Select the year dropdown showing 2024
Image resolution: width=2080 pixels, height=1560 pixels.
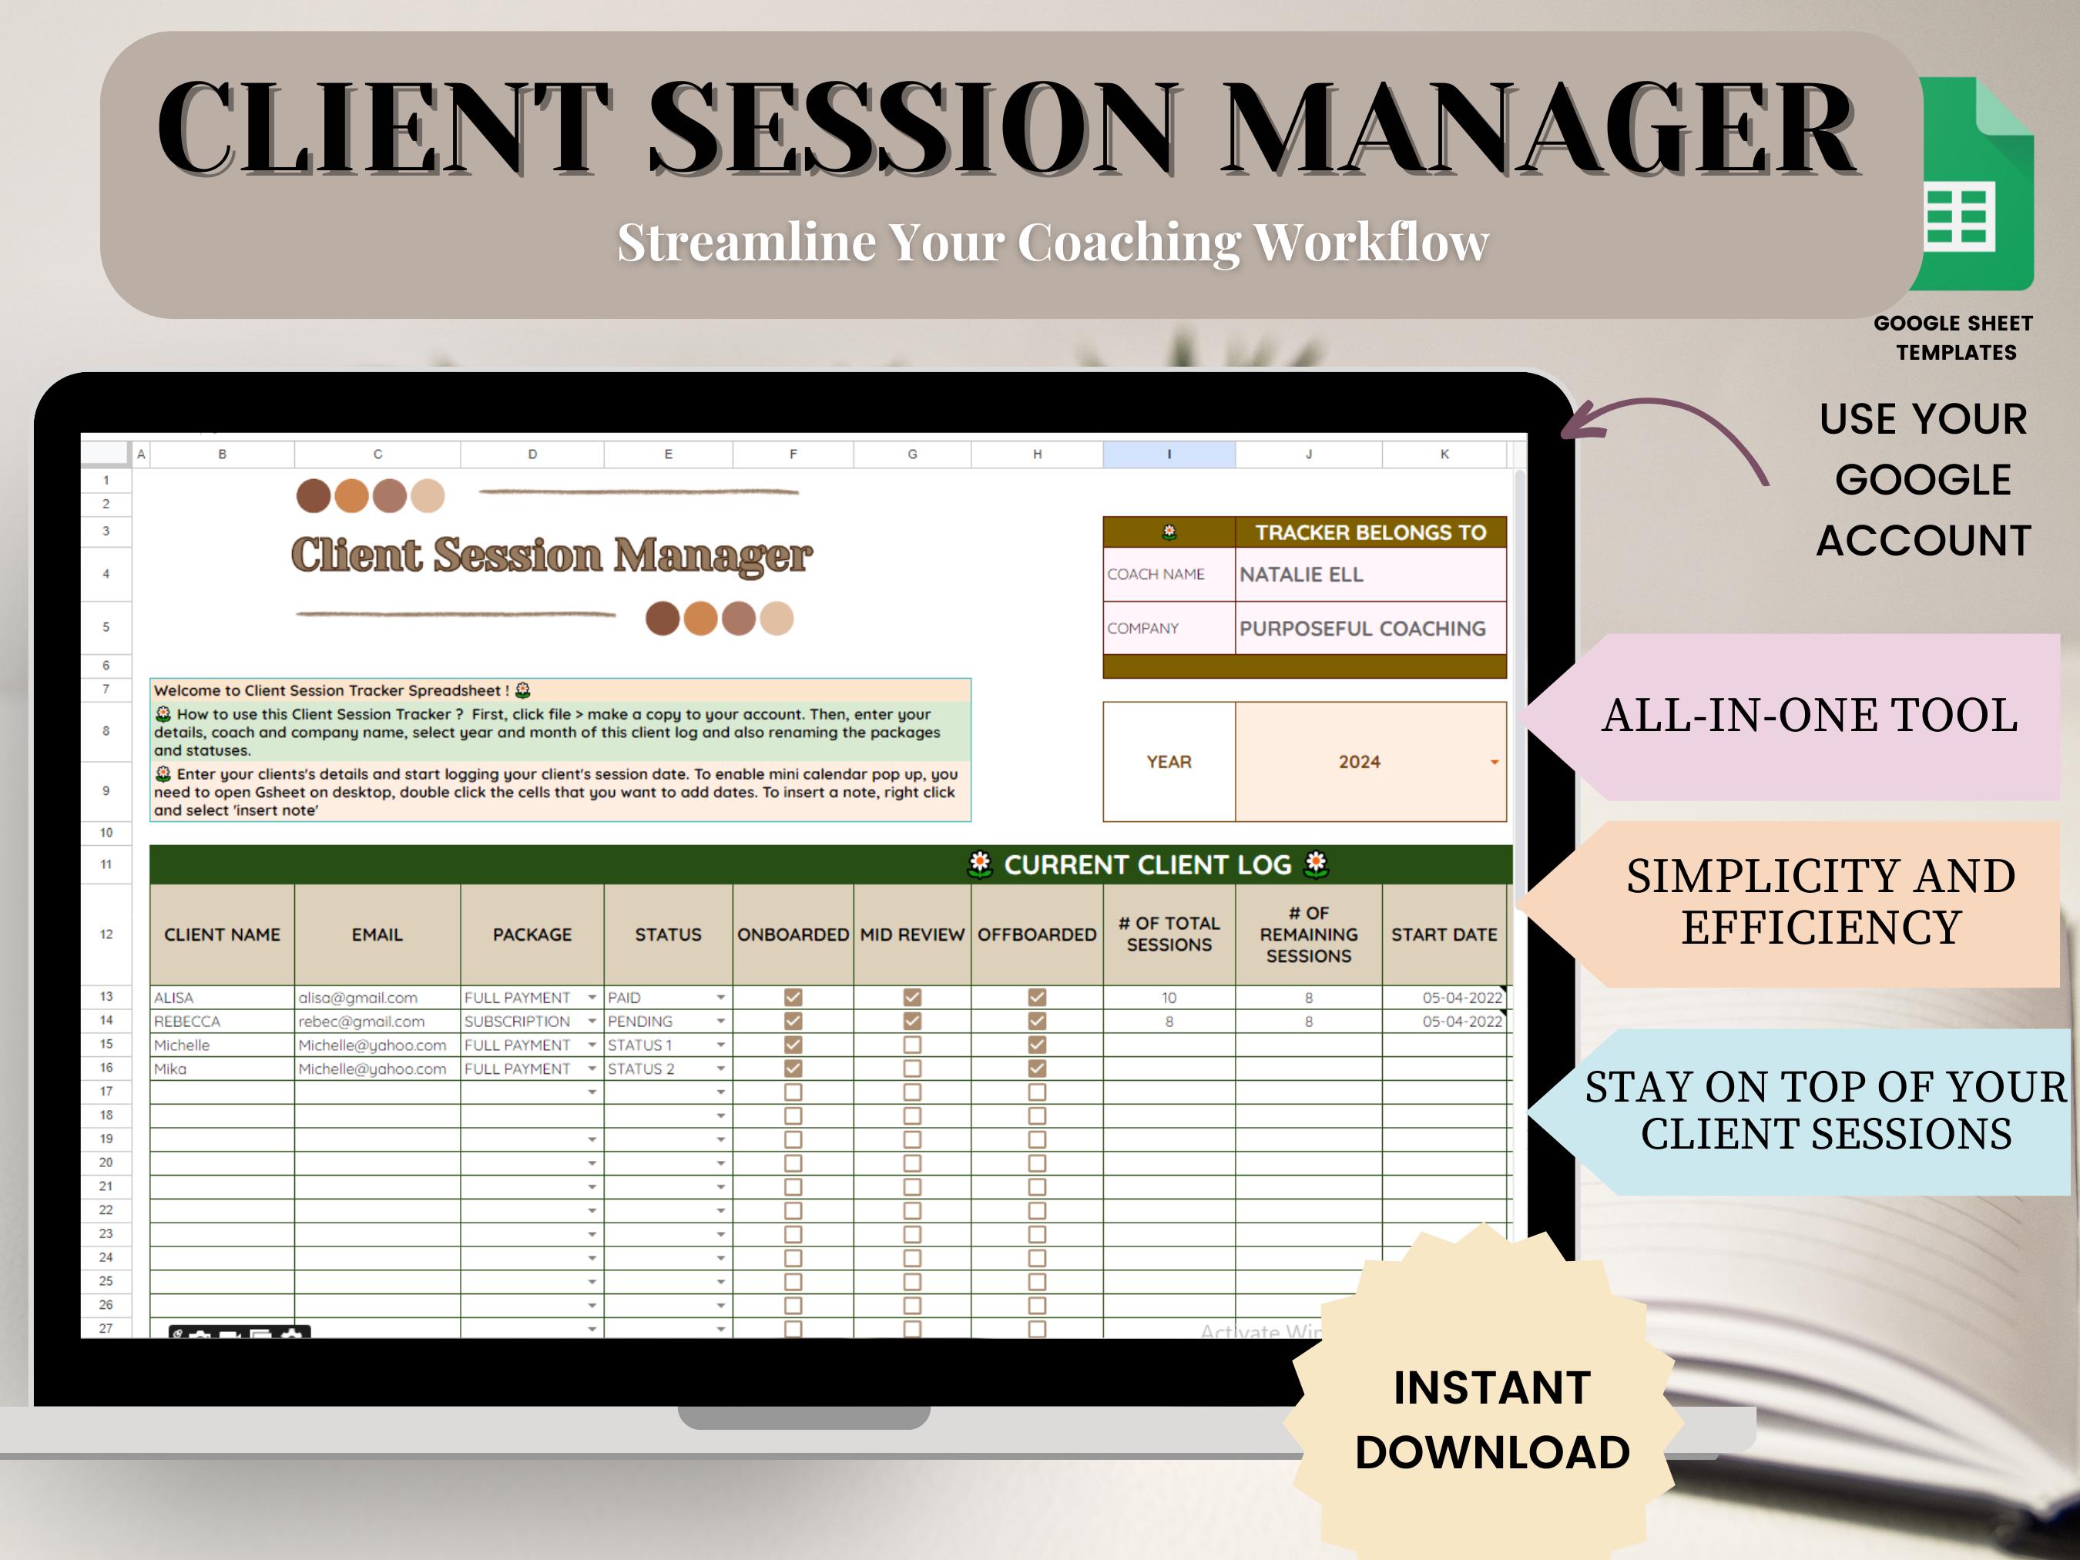1369,762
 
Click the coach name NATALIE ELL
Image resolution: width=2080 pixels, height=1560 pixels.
1300,575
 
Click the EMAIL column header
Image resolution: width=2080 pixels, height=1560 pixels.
377,934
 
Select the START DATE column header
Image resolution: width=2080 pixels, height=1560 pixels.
1444,934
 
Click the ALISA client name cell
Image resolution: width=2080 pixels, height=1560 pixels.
174,998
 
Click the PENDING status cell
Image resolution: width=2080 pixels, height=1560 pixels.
640,1022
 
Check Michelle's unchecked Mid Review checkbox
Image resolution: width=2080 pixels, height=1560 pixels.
912,1045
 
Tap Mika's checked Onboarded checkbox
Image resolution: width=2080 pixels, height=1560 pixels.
793,1069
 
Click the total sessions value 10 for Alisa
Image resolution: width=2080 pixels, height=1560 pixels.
1169,998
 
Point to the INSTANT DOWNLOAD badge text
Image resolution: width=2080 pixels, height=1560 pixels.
1492,1420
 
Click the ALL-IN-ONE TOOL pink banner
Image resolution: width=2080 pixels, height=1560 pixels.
1808,716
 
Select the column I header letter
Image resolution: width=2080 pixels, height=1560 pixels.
1169,455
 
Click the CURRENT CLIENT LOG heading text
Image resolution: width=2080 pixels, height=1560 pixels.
1147,865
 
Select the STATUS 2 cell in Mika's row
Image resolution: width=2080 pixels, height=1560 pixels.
641,1069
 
